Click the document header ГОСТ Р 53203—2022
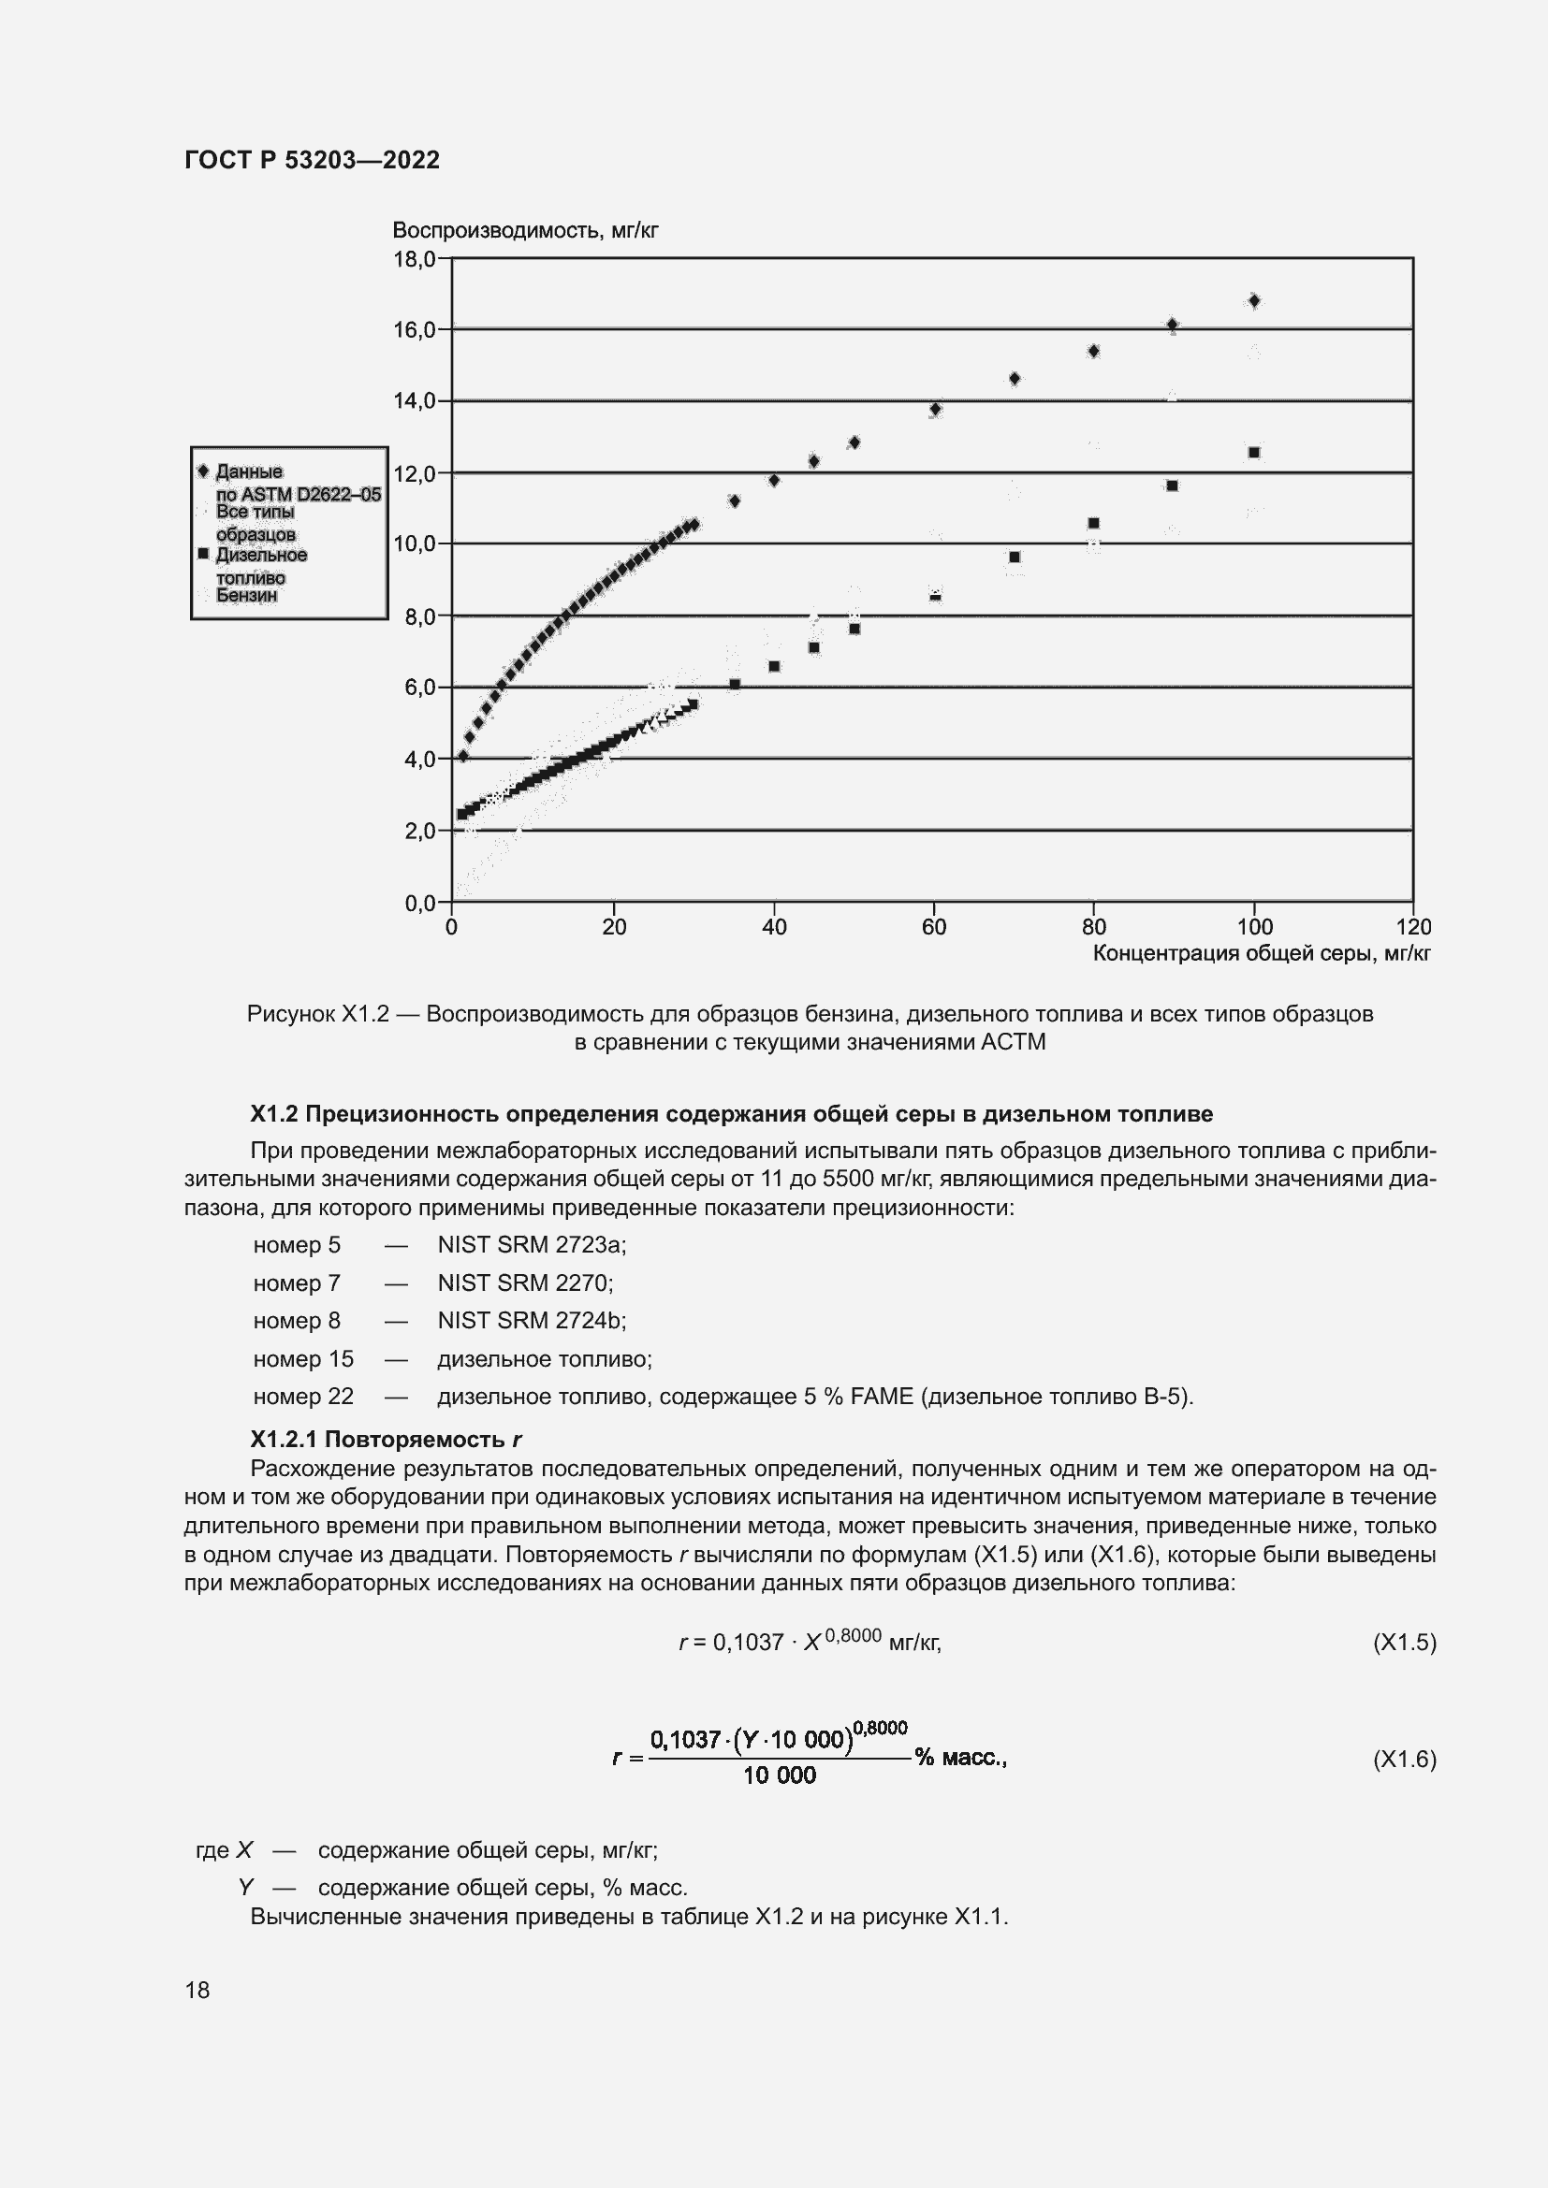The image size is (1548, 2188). pos(312,160)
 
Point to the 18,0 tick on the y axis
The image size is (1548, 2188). pos(415,259)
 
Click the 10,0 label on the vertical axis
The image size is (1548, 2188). pos(415,544)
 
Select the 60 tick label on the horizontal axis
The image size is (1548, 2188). pos(934,927)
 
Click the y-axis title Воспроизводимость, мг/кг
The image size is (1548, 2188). pos(525,231)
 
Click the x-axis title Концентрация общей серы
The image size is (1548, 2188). pos(1261,954)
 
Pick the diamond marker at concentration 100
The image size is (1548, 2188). pos(1253,301)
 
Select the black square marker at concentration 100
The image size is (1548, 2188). pos(1253,453)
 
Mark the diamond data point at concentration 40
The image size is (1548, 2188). pos(774,480)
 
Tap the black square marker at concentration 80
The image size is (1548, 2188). pos(1093,523)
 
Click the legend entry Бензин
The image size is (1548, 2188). pos(246,596)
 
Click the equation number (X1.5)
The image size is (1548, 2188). pos(1403,1642)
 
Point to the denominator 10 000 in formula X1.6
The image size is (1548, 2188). pos(779,1775)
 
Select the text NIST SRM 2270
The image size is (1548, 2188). pos(524,1282)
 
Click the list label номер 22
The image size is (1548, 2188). pos(303,1396)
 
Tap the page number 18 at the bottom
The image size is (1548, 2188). pos(197,1990)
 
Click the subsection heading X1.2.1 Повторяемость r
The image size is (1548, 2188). pos(385,1439)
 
